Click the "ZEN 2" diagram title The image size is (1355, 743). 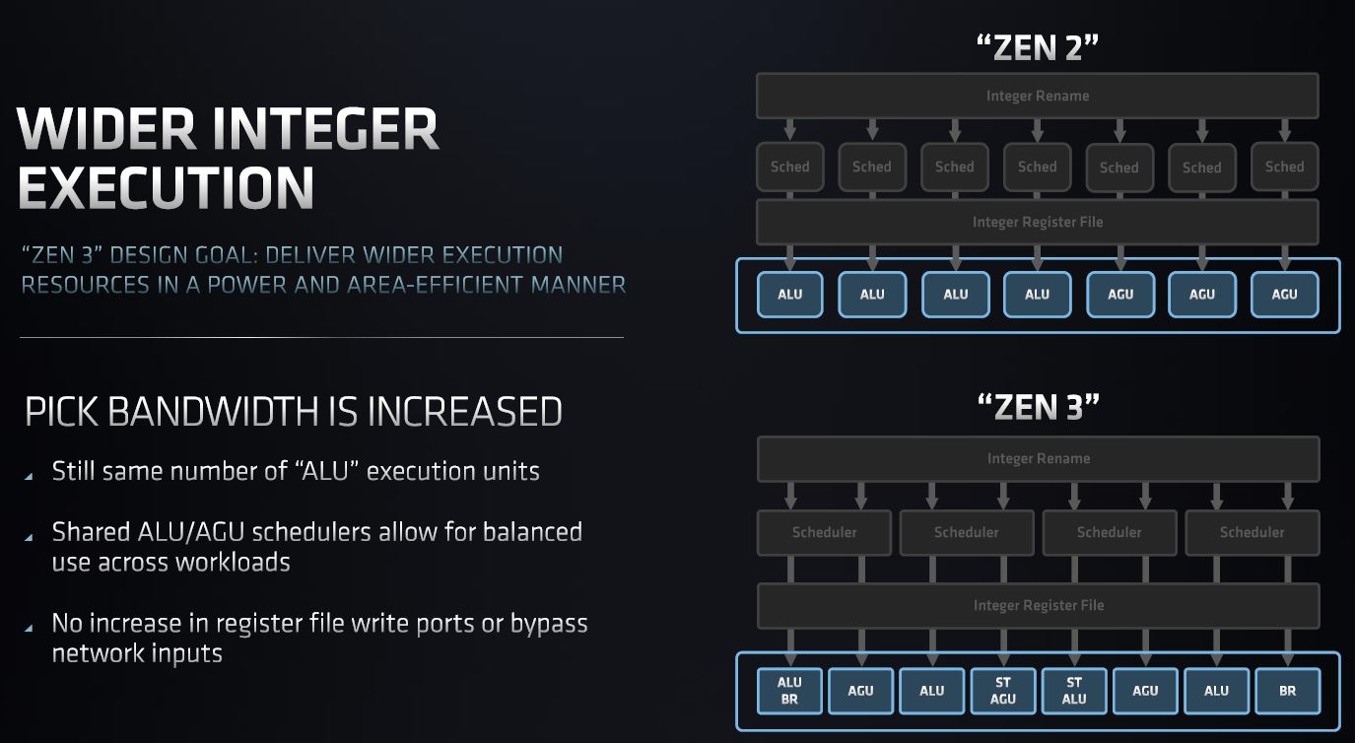pyautogui.click(x=1036, y=48)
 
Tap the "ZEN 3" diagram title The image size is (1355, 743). pyautogui.click(x=1038, y=405)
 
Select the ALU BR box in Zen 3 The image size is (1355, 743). pyautogui.click(x=789, y=691)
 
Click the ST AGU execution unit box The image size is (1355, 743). pyautogui.click(x=1003, y=691)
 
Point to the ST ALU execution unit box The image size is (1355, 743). pyautogui.click(x=1074, y=691)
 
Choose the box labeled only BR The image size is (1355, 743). pyautogui.click(x=1288, y=691)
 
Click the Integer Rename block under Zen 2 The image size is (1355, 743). pyautogui.click(x=1037, y=97)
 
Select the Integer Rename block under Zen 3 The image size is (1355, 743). pyautogui.click(x=1038, y=458)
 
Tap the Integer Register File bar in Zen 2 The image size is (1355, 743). pyautogui.click(x=1037, y=222)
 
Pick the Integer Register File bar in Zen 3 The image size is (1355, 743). pyautogui.click(x=1038, y=605)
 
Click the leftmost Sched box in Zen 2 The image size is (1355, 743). pyautogui.click(x=789, y=167)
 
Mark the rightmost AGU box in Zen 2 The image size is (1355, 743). pyautogui.click(x=1284, y=294)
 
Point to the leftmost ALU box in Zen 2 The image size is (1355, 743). pyautogui.click(x=789, y=294)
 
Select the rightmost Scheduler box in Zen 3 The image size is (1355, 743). pyautogui.click(x=1252, y=532)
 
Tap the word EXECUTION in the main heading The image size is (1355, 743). pyautogui.click(x=167, y=186)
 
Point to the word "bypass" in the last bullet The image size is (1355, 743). pyautogui.click(x=548, y=624)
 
